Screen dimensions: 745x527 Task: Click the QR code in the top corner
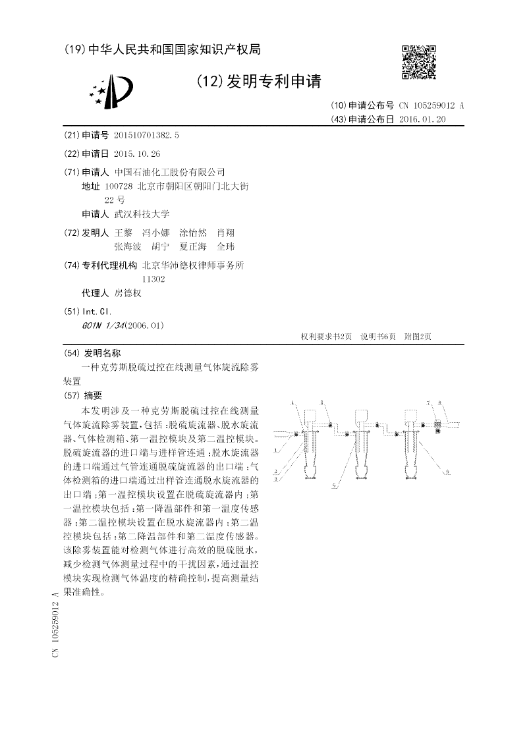click(419, 63)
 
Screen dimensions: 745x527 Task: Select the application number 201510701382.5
click(146, 135)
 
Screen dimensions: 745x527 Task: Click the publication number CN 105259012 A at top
click(431, 105)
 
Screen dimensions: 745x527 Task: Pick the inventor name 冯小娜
click(155, 233)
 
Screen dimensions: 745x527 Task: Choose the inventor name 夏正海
click(193, 246)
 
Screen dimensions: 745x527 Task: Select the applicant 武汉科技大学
click(142, 214)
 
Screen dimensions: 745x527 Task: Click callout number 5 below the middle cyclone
click(335, 485)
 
